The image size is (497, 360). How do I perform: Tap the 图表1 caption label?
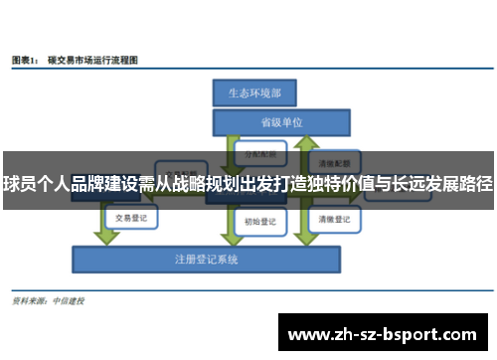click(x=24, y=61)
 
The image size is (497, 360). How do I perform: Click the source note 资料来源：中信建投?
click(x=47, y=300)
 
